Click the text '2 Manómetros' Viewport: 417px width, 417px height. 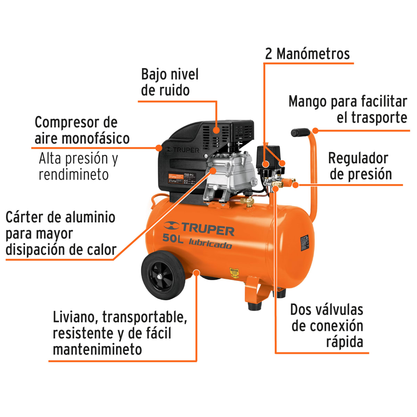(307, 54)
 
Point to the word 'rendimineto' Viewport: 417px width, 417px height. (74, 174)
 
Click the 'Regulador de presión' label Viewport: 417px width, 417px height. (360, 166)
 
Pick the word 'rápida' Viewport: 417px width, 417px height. (344, 342)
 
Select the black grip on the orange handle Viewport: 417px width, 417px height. (300, 132)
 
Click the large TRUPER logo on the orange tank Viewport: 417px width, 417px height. (199, 228)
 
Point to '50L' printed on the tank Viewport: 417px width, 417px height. (172, 238)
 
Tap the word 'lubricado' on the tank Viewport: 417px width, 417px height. (210, 244)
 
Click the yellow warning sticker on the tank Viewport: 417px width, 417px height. (235, 273)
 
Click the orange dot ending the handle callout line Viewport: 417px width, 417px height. (315, 131)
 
